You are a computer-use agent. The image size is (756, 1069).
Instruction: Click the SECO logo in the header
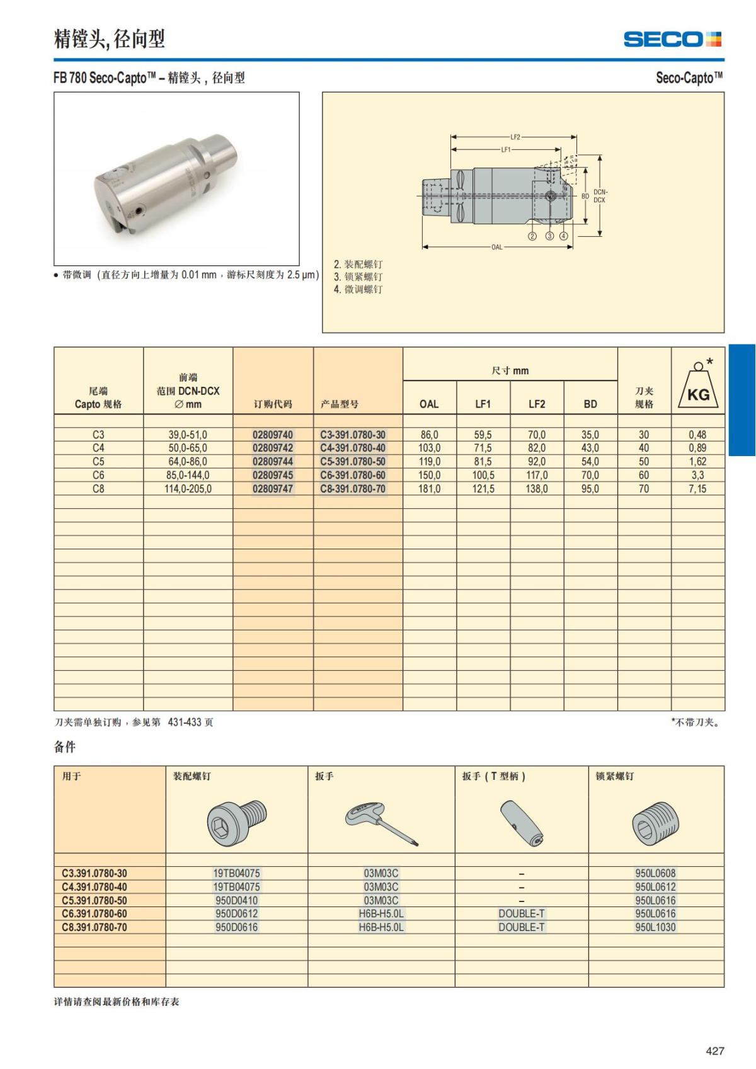click(672, 39)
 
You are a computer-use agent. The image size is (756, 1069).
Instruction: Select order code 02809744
click(273, 462)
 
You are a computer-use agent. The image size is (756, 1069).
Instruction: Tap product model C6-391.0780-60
click(353, 476)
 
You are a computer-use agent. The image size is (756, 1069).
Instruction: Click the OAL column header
click(429, 404)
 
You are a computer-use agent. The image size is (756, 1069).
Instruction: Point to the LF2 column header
click(537, 404)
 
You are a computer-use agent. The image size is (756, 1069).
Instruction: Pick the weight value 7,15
click(697, 489)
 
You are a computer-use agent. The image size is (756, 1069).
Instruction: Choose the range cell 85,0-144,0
click(188, 476)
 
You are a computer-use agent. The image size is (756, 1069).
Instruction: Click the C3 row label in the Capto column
click(98, 435)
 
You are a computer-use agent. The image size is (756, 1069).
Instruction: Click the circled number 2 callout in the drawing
click(532, 236)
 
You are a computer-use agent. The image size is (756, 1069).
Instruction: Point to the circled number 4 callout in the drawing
click(563, 236)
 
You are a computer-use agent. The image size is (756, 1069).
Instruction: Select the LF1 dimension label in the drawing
click(506, 150)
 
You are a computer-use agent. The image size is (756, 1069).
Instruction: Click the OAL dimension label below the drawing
click(497, 247)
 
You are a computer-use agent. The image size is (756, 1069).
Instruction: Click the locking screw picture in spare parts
click(655, 823)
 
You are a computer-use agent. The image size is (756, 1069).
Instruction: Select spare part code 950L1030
click(655, 927)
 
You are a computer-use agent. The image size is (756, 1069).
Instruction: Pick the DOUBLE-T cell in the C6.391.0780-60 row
click(522, 914)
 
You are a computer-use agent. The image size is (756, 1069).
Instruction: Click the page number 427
click(715, 1051)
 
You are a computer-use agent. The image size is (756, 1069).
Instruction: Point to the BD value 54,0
click(590, 462)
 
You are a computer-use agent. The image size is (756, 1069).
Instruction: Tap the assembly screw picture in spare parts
click(237, 823)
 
